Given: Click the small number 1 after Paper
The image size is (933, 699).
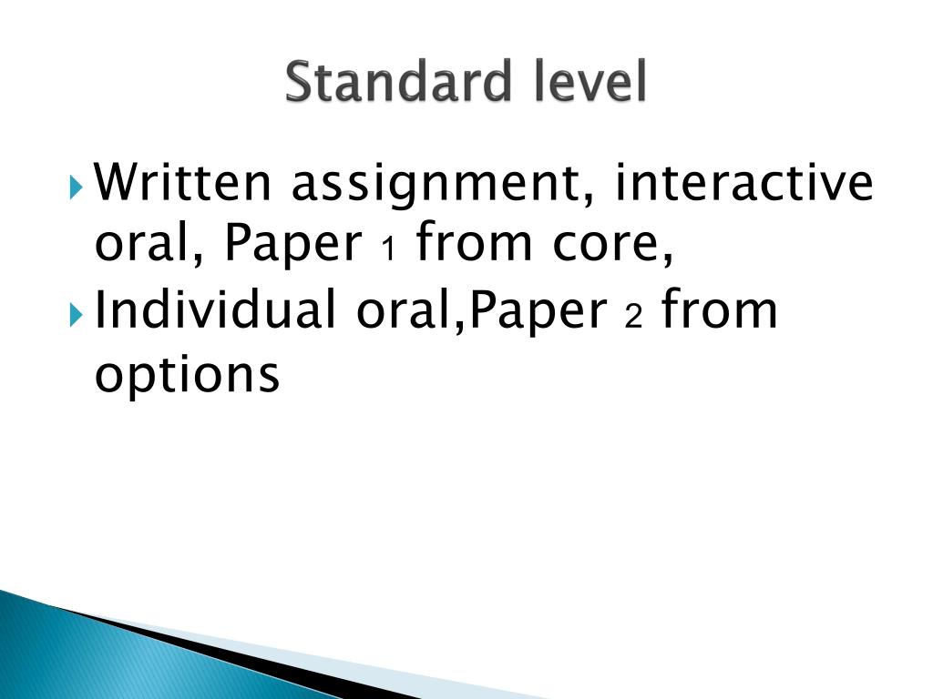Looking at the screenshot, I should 387,248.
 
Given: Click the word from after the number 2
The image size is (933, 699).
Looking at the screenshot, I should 719,310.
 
